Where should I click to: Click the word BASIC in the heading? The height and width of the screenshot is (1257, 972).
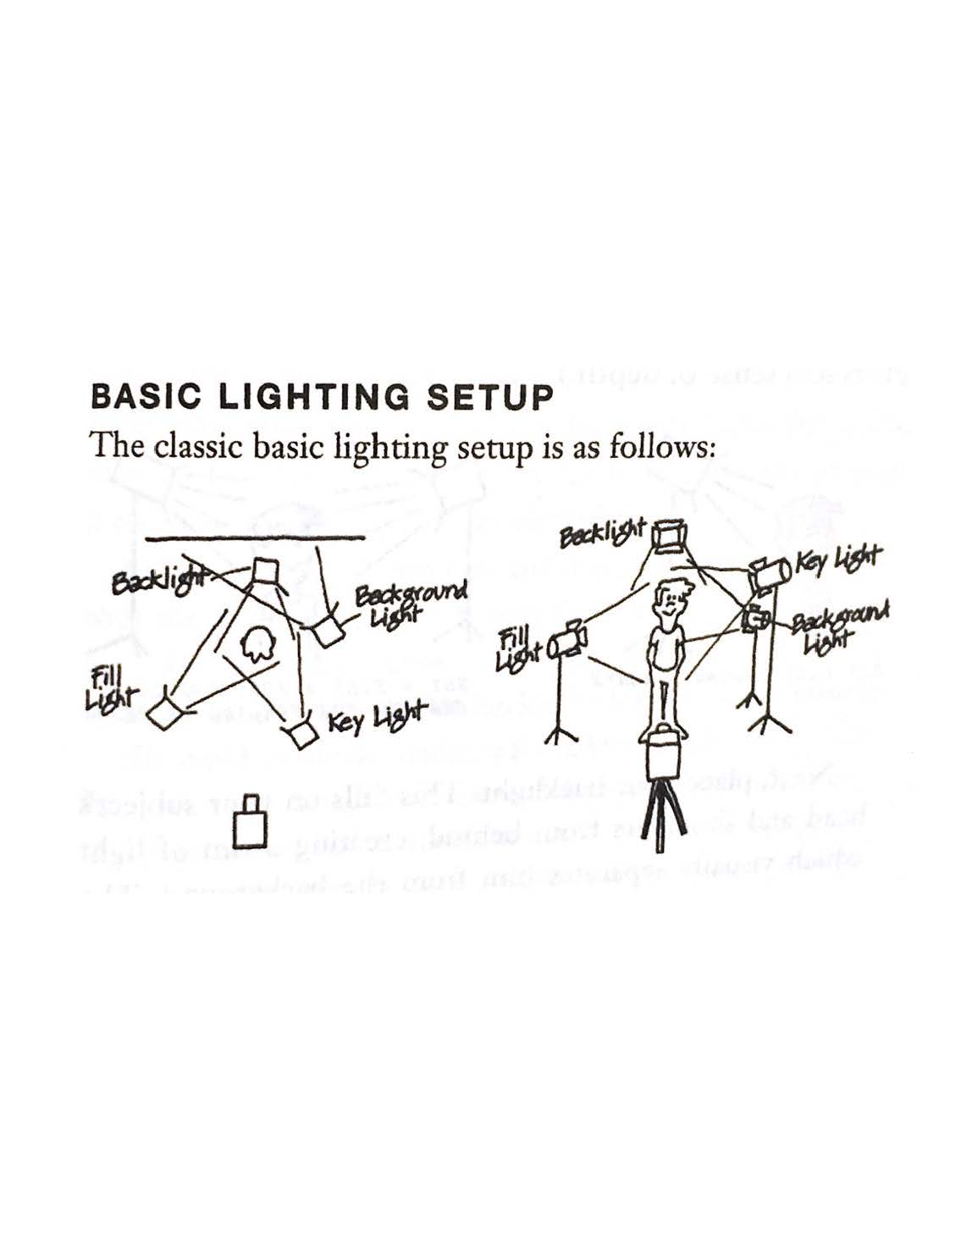[x=141, y=397]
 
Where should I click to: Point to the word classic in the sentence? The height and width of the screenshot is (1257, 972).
[x=201, y=445]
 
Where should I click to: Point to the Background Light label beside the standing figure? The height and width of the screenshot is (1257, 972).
[x=838, y=626]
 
